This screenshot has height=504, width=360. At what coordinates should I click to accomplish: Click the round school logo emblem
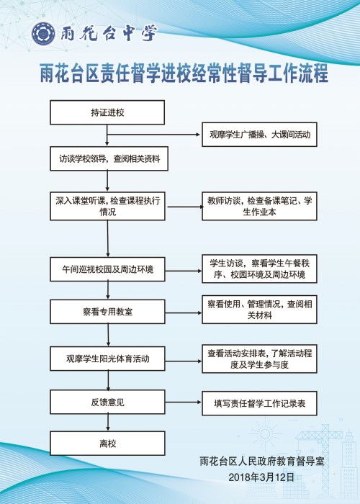point(43,34)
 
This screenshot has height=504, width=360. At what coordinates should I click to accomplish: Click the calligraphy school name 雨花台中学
point(109,33)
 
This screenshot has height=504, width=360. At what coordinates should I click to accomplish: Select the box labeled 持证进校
point(107,112)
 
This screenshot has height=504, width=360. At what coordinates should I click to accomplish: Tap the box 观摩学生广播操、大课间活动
point(259,135)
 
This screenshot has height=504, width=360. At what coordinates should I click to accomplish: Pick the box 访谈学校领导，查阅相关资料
point(109,159)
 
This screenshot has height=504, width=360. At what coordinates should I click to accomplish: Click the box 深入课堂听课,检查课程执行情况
point(107,207)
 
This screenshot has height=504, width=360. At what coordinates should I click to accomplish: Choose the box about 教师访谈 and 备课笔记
point(259,206)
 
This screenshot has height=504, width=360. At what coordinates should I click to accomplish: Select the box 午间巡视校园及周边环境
point(107,269)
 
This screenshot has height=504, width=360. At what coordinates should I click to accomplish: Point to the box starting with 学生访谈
point(259,269)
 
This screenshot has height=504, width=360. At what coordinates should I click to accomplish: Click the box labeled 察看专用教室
point(107,312)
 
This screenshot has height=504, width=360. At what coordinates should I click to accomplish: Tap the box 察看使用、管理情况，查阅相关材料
point(259,310)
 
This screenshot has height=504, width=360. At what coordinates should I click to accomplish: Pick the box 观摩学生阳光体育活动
point(107,359)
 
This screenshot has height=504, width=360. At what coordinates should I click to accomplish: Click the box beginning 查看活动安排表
point(259,359)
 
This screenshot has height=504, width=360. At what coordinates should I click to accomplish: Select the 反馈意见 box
point(107,402)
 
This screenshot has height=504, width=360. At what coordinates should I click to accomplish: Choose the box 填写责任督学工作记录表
point(259,403)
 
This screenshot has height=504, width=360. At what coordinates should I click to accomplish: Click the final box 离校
point(107,444)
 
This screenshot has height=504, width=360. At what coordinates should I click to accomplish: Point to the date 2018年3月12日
point(261,477)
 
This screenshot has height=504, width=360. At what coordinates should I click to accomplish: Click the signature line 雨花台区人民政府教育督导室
point(262,462)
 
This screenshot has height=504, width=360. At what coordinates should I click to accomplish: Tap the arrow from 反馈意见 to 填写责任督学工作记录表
point(184,402)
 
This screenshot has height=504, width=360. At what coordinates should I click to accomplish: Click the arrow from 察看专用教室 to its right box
point(184,312)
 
